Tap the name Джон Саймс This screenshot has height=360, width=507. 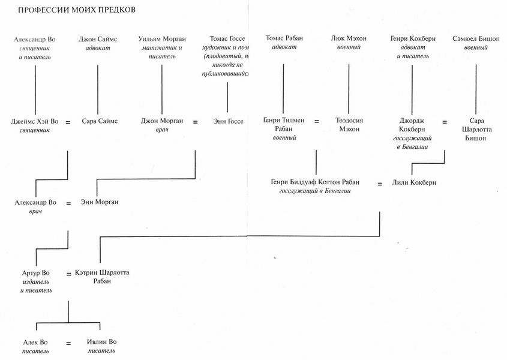click(x=98, y=39)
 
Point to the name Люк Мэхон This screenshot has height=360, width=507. click(x=349, y=39)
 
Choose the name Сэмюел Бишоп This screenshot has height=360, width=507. click(x=476, y=39)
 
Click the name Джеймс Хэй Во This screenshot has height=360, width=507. click(x=35, y=121)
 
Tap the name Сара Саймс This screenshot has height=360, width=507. click(x=100, y=121)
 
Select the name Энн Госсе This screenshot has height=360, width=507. click(x=228, y=121)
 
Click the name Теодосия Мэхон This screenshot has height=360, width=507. click(x=348, y=125)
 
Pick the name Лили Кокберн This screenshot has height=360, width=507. click(x=413, y=182)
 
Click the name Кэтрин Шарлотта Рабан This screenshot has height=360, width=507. click(x=102, y=277)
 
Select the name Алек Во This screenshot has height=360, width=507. click(x=36, y=341)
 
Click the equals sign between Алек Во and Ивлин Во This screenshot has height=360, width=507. click(x=68, y=344)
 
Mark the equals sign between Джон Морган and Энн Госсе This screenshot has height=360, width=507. click(x=195, y=122)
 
